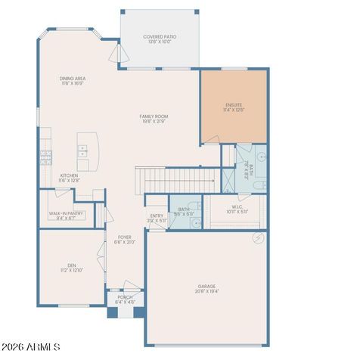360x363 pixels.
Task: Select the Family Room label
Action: click(x=154, y=119)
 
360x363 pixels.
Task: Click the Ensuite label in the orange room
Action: click(x=233, y=107)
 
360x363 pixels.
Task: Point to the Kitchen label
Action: click(x=69, y=178)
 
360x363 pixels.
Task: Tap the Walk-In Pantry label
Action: click(x=67, y=216)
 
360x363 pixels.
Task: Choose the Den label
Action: click(x=71, y=267)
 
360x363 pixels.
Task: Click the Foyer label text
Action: click(x=124, y=240)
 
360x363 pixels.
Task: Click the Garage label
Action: click(x=206, y=288)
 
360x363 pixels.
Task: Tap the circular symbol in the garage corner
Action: click(x=258, y=237)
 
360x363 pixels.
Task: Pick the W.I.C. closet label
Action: click(x=237, y=209)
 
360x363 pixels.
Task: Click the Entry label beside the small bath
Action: click(x=157, y=218)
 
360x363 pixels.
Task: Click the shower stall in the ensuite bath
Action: click(x=228, y=179)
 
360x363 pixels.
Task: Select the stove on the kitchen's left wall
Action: click(x=45, y=157)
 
